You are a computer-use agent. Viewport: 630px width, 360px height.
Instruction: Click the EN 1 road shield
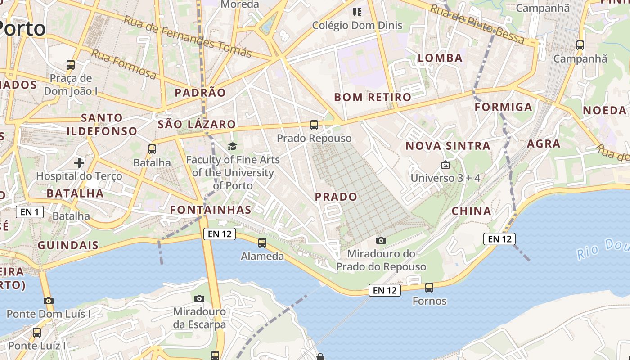point(30,212)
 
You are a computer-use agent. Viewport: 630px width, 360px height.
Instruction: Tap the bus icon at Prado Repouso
point(314,125)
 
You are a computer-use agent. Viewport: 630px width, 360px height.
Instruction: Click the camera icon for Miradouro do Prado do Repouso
point(381,240)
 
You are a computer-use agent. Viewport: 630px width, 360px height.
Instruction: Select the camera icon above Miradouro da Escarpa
point(199,298)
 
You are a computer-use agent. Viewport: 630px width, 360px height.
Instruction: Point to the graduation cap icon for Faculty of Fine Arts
point(232,146)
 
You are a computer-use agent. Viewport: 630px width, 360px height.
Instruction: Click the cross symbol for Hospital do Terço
point(79,162)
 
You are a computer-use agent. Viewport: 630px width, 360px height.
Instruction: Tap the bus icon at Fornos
point(429,287)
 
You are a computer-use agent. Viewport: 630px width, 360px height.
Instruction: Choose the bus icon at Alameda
point(262,243)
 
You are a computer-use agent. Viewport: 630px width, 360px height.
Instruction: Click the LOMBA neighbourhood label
point(440,58)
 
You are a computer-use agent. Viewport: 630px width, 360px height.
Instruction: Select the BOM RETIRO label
point(373,97)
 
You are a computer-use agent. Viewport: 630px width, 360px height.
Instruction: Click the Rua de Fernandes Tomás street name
point(188,37)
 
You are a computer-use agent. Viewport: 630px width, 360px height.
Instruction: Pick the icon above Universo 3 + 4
point(445,165)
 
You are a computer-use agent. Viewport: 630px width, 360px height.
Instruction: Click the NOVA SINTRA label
point(448,146)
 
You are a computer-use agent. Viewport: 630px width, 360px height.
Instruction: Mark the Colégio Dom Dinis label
point(357,25)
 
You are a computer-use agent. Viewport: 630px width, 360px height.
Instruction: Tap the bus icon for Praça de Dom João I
point(71,64)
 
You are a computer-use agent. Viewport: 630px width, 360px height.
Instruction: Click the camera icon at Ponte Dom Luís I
point(49,301)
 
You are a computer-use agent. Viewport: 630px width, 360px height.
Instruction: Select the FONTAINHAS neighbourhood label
point(211,210)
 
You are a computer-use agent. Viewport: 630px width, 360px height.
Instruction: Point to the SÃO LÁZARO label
point(197,125)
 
